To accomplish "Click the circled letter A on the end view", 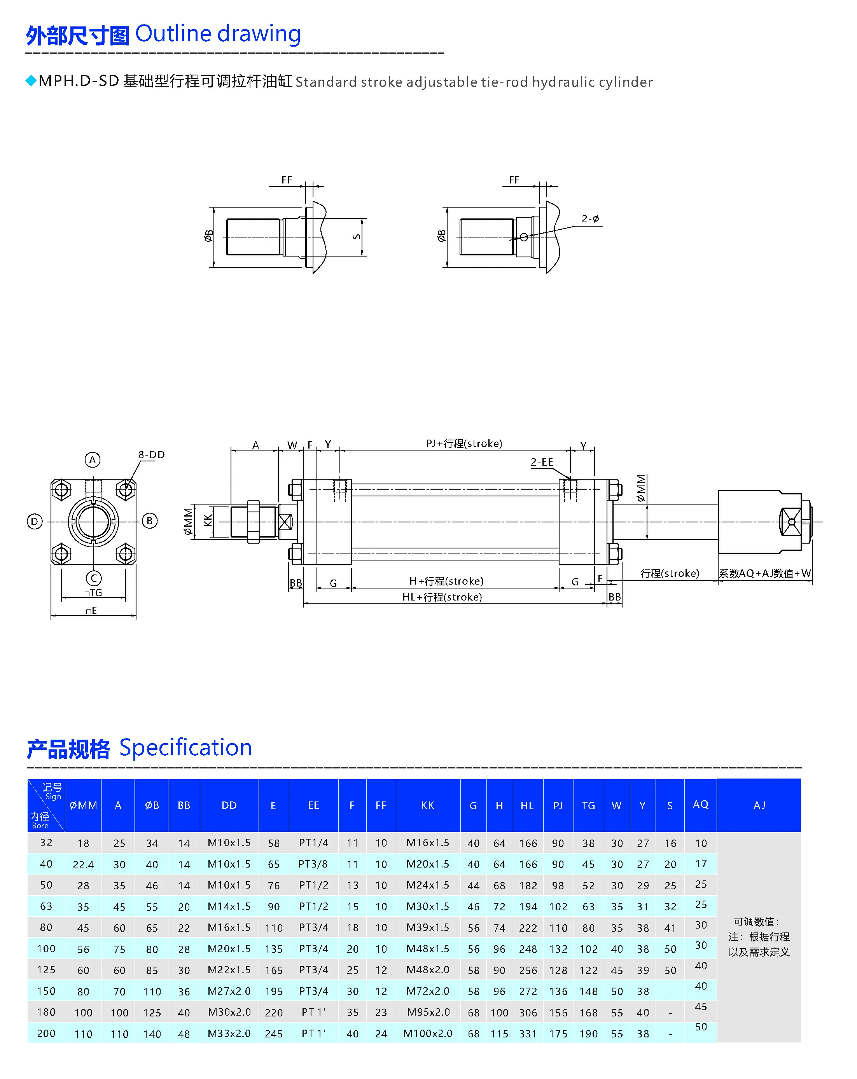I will (92, 459).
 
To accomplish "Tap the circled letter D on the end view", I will (34, 522).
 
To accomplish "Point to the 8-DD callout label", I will (151, 454).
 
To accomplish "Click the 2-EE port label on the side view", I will (542, 462).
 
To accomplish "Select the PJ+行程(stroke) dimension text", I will (463, 443).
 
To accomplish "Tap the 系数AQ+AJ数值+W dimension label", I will (764, 574).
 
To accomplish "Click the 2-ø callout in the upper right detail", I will (590, 219).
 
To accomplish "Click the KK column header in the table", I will (427, 805).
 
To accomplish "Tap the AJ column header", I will (759, 805).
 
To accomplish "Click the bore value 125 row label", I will (46, 970).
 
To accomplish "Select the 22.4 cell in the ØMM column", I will (83, 865).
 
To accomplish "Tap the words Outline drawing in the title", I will (218, 34).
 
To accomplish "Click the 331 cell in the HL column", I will (528, 1034).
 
